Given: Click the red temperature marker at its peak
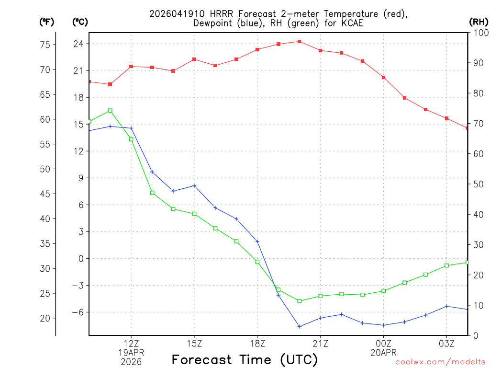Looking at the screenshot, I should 300,42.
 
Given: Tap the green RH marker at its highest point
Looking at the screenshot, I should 110,111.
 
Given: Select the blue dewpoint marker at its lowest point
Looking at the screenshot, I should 300,326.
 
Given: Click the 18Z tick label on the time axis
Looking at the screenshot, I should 257,344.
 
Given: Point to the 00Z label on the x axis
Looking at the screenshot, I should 383,344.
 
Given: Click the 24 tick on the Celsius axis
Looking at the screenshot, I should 78,44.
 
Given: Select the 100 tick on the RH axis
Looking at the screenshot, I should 479,33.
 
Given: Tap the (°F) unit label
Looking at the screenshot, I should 46,22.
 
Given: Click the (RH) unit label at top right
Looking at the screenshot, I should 479,22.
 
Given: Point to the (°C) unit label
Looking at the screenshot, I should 79,22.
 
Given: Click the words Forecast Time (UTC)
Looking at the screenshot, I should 245,359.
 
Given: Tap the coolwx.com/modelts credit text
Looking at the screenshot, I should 440,362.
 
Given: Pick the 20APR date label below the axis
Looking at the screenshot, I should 383,353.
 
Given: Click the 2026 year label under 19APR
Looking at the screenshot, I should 131,361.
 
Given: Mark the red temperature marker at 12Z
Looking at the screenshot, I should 131,67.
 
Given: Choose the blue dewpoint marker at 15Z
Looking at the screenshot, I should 194,185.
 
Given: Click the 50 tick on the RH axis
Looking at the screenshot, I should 477,184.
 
